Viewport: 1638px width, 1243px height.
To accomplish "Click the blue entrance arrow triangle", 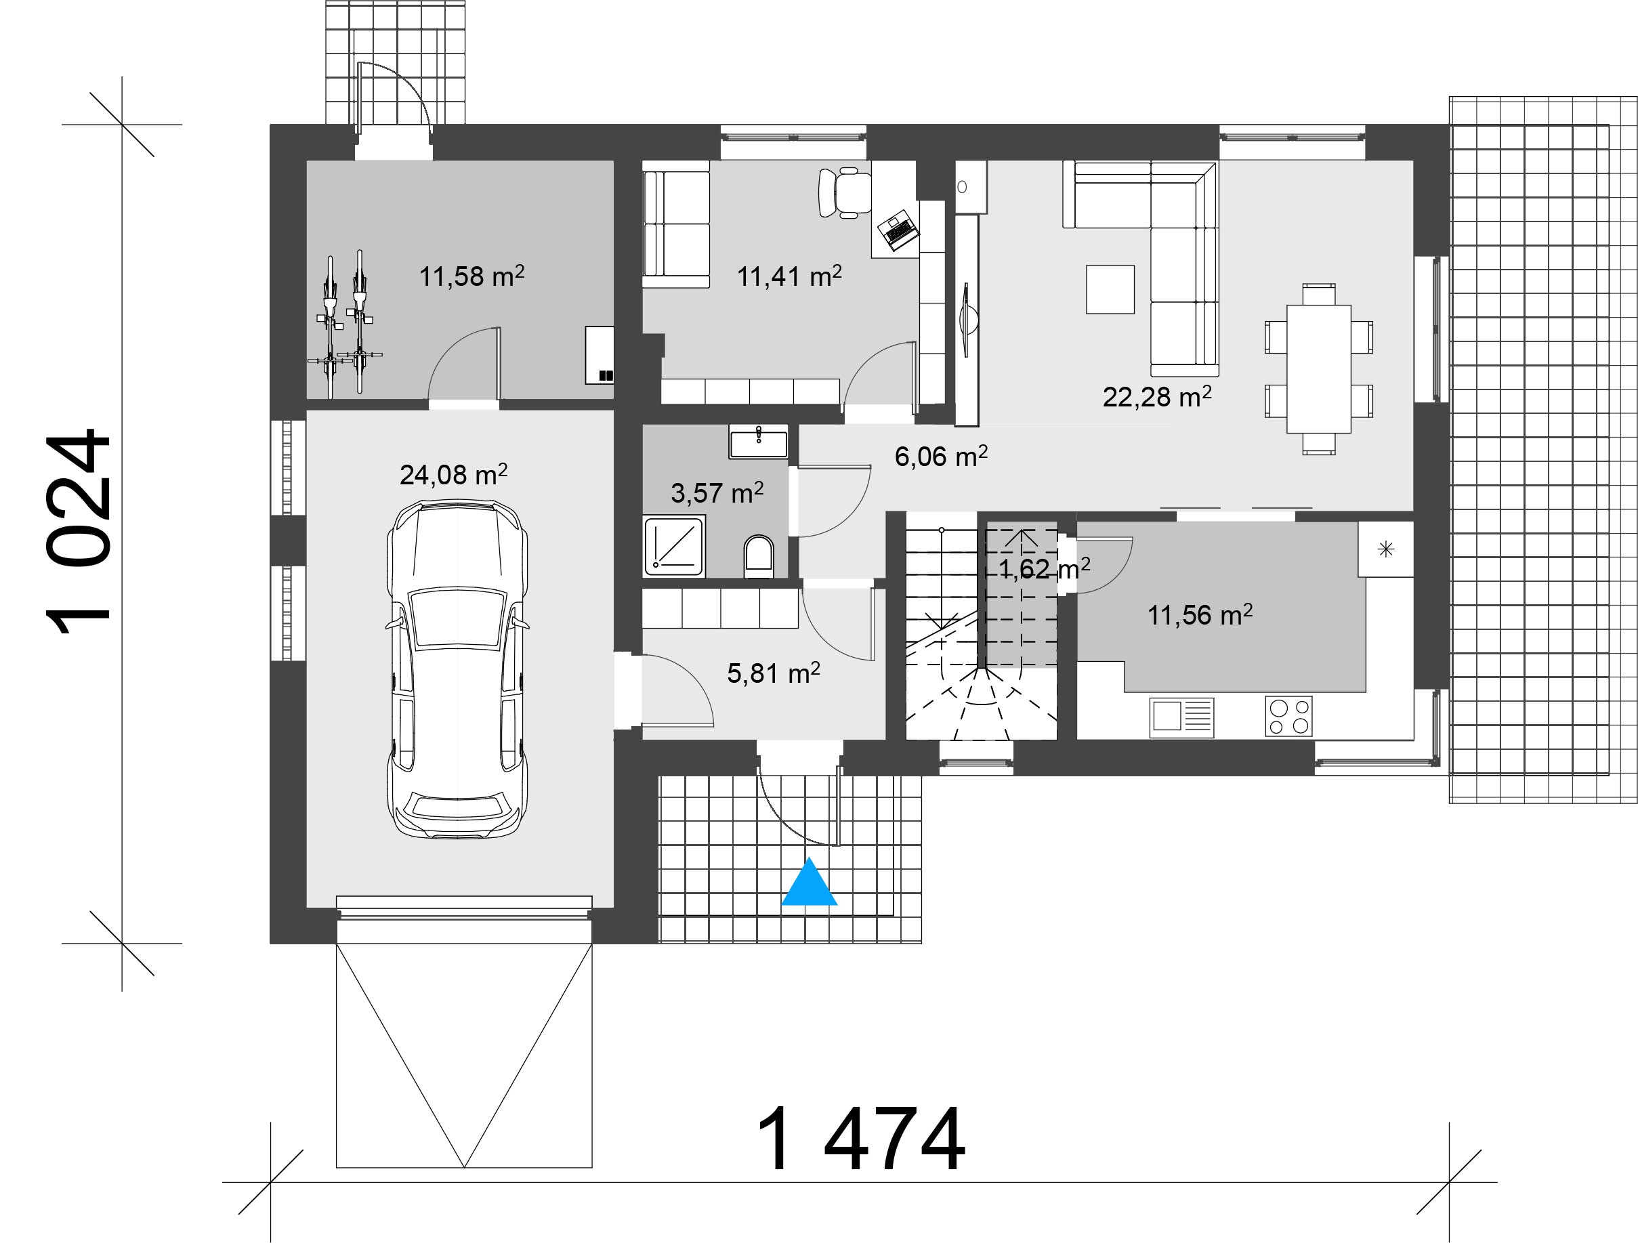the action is pos(810,883).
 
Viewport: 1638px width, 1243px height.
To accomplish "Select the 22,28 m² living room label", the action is pos(1156,397).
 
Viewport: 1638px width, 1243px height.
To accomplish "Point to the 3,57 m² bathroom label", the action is pos(717,492).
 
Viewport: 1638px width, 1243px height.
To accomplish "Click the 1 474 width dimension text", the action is pos(860,1139).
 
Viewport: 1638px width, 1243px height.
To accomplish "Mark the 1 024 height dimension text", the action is pos(79,532).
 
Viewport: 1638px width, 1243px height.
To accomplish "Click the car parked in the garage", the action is pos(457,670).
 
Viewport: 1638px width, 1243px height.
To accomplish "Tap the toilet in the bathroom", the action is pos(758,557).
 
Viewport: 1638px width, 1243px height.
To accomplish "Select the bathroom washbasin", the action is pos(759,442).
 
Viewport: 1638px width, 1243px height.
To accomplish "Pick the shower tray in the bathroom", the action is pos(674,547).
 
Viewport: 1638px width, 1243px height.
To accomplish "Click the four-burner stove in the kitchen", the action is pos(1289,716).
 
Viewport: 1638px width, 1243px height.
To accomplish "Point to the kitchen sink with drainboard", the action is pos(1182,717).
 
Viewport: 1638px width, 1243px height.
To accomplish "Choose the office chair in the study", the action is pos(845,192).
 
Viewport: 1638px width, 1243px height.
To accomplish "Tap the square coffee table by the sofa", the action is pos(1110,289).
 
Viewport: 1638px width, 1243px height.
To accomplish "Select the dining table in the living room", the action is pos(1319,368).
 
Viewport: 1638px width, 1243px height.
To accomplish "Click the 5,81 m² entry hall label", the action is pos(773,673).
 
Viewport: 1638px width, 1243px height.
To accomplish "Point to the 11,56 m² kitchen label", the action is pos(1200,614).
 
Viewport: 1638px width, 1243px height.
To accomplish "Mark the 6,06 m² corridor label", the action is pos(940,456).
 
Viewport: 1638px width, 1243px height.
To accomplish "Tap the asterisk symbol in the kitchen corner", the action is pos(1385,549).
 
